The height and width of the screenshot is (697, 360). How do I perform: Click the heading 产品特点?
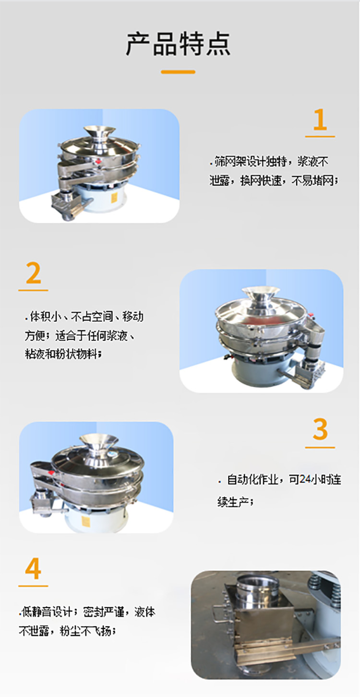(x=178, y=44)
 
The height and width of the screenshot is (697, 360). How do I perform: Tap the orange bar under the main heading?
(x=178, y=72)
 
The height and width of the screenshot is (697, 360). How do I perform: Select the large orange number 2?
(x=33, y=273)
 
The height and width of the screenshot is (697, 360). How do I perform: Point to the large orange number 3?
(x=320, y=429)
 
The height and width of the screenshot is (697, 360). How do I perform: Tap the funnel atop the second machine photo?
(x=261, y=294)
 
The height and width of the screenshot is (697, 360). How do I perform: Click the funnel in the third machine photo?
(x=99, y=442)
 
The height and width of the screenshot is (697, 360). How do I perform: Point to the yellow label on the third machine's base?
(x=86, y=520)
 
